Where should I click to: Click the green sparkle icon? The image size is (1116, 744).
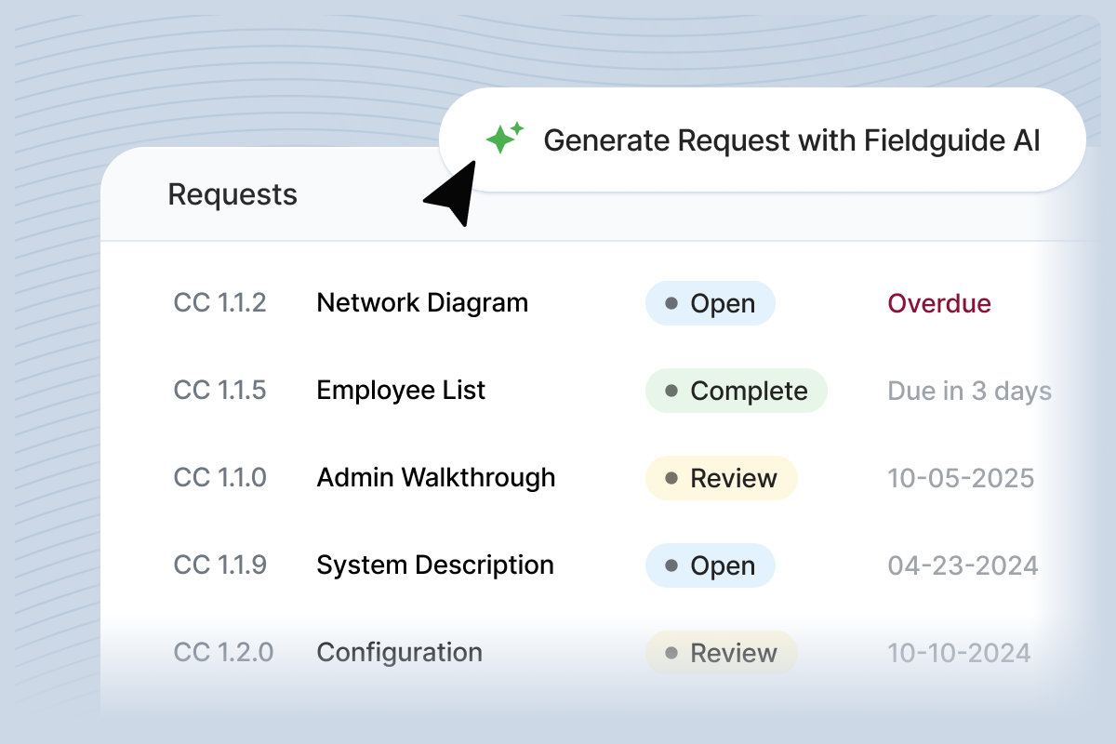coord(505,139)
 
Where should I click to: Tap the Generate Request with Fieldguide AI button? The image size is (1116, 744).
coord(762,139)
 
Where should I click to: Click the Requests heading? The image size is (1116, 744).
coord(232,194)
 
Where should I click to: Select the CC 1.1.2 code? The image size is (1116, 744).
coord(219,303)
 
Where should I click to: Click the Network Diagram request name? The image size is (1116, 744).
coord(422,303)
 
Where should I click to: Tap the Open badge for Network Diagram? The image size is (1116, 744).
coord(710,303)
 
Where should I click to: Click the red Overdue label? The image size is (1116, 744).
coord(939,303)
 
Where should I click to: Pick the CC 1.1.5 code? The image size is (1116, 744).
coord(219,391)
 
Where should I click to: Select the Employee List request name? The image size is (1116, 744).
coord(401,391)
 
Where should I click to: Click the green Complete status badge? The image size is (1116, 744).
coord(736,392)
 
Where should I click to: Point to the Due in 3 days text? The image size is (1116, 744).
coord(969,392)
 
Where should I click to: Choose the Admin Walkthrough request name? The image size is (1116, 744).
coord(436,478)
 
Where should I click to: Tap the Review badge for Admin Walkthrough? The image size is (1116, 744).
coord(721,479)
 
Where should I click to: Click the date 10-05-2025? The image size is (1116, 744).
coord(961,479)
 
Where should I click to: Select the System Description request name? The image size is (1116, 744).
coord(435,565)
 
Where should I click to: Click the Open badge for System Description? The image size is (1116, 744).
coord(710,566)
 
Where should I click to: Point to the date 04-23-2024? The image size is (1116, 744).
coord(963,566)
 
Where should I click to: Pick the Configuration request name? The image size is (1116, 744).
coord(399,653)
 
